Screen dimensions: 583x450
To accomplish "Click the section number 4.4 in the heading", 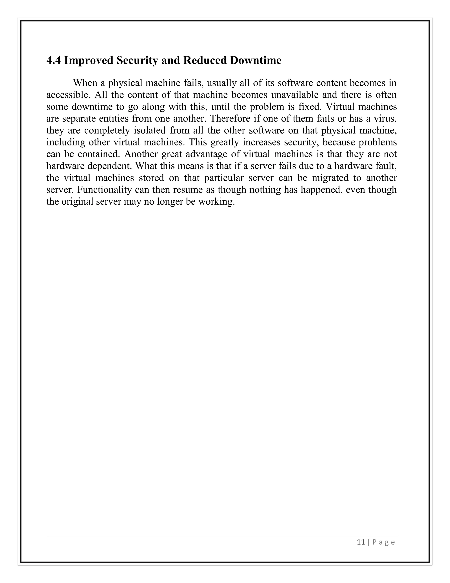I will (54, 60).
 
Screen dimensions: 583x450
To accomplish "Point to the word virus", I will (386, 119).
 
